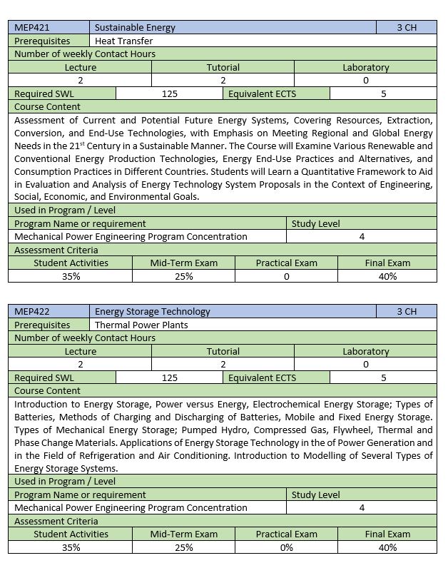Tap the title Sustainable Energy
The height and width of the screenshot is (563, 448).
point(135,28)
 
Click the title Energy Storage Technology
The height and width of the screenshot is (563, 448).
point(153,311)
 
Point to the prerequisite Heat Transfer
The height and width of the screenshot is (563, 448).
point(124,41)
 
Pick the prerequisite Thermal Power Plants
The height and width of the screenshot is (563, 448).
point(141,325)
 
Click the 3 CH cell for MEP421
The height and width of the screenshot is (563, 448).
point(407,28)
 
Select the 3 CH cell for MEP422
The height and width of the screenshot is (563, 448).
point(407,311)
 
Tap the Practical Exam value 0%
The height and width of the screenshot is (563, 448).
point(286,547)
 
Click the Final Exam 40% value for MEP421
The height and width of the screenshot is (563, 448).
point(387,276)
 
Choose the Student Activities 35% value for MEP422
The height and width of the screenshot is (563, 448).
point(71,547)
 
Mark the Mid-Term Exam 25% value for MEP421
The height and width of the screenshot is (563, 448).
point(183,276)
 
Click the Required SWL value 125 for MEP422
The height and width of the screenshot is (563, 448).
point(170,377)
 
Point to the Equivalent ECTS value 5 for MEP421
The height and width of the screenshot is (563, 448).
point(383,93)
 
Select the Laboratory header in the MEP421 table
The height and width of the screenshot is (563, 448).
point(365,67)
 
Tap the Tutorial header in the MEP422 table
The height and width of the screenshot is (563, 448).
point(223,351)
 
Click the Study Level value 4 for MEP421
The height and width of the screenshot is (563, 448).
point(362,236)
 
